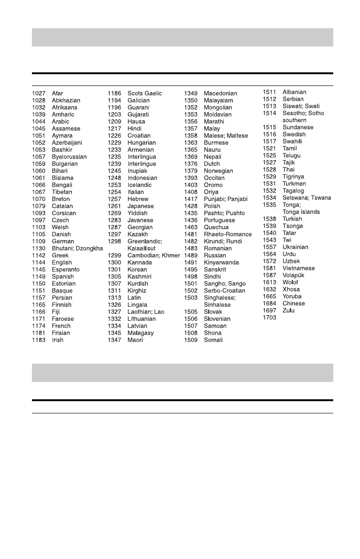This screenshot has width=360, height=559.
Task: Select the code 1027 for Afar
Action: [x=39, y=93]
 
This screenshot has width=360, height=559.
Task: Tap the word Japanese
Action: [x=141, y=206]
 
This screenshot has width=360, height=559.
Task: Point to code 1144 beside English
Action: [x=39, y=263]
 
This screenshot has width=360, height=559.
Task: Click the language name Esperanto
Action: [x=66, y=270]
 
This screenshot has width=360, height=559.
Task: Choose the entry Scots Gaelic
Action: [x=145, y=93]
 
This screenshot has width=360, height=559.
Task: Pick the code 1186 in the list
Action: [x=115, y=93]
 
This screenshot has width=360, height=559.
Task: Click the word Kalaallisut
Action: [x=141, y=248]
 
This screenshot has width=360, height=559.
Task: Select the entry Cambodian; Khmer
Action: [x=154, y=256]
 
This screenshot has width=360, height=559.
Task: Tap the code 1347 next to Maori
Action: [x=115, y=340]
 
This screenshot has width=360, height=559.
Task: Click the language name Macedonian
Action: [x=220, y=93]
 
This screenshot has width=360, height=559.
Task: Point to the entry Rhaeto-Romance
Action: [x=227, y=234]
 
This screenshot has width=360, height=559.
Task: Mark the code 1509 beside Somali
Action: [x=191, y=340]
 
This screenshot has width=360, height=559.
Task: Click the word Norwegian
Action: [x=218, y=171]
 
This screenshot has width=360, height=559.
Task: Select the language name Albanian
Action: [x=294, y=92]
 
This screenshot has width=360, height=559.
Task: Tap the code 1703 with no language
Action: [x=269, y=318]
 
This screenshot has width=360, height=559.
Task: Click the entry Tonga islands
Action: [x=301, y=212]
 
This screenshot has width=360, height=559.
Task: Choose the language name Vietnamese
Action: [x=298, y=268]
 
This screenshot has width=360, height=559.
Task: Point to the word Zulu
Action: [x=289, y=311]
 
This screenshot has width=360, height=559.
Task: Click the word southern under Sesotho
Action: [x=294, y=120]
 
